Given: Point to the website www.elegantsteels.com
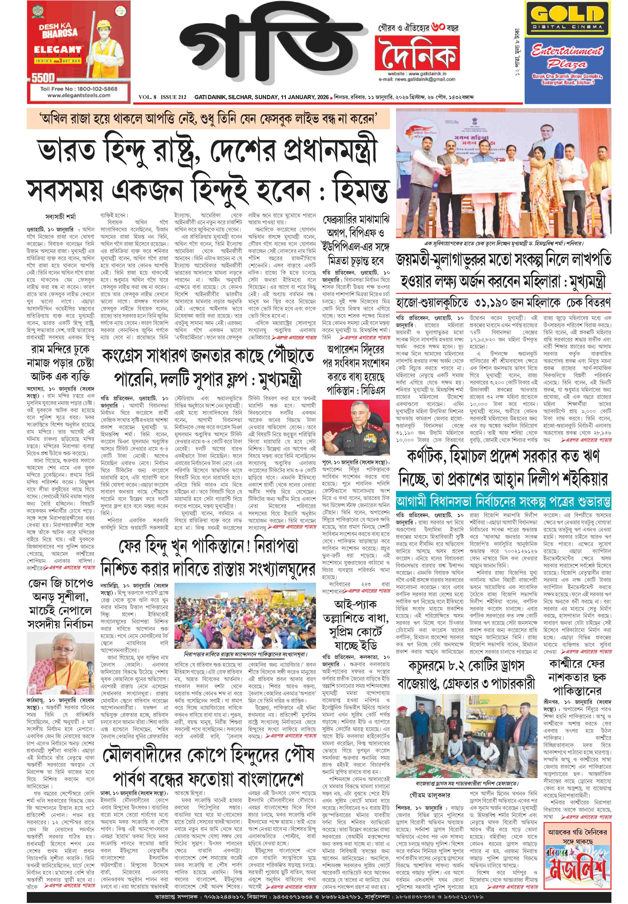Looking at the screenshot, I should [79, 95].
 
